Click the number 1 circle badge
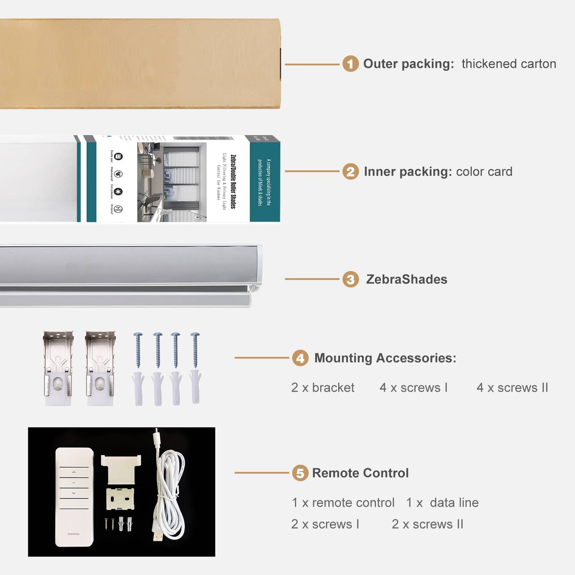click(x=350, y=64)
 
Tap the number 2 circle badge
click(x=350, y=172)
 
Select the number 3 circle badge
click(x=350, y=279)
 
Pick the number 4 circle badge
click(x=300, y=358)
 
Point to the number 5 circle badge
click(x=300, y=473)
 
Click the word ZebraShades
click(x=406, y=279)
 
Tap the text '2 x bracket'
click(x=323, y=388)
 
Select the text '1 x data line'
click(x=442, y=503)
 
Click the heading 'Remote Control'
click(x=360, y=473)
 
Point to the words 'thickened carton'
click(x=509, y=64)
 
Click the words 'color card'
click(x=484, y=172)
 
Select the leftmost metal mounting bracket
click(x=58, y=368)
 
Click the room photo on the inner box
click(x=172, y=182)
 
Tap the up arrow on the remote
click(x=74, y=472)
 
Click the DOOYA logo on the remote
click(x=74, y=534)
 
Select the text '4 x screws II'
click(x=512, y=388)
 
